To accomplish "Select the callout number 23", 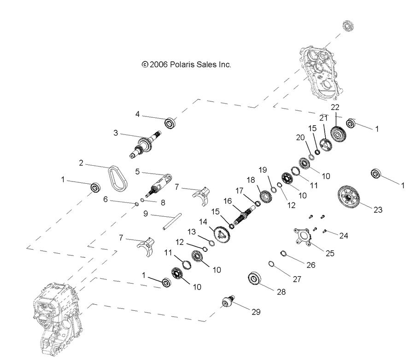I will click(x=378, y=210).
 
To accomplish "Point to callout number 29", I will click(x=256, y=312).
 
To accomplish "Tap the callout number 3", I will click(x=116, y=133).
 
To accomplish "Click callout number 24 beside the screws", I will click(x=344, y=236).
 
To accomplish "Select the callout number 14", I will click(x=203, y=221).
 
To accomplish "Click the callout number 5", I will click(x=137, y=172).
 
